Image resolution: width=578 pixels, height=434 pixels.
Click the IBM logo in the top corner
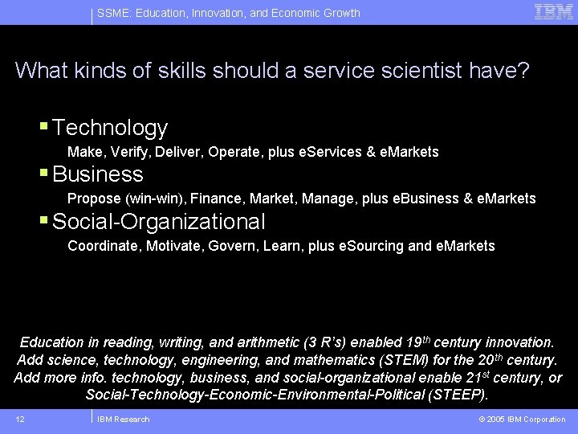click(x=554, y=11)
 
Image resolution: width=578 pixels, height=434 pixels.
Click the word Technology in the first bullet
click(x=110, y=128)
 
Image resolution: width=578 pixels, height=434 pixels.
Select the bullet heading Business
click(x=98, y=174)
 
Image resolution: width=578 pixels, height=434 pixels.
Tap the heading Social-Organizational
click(x=158, y=221)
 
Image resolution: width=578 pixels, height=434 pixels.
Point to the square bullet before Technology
click(x=45, y=126)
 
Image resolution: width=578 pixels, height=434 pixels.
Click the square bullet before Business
click(x=45, y=173)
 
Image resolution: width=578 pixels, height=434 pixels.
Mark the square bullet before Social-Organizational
click(x=45, y=219)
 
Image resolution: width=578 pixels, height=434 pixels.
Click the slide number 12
click(x=20, y=419)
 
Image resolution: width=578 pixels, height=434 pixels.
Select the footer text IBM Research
click(x=123, y=419)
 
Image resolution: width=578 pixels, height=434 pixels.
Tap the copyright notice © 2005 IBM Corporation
click(x=522, y=419)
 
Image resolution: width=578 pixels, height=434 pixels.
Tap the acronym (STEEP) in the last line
click(x=457, y=395)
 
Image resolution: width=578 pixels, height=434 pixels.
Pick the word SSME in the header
click(x=112, y=13)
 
